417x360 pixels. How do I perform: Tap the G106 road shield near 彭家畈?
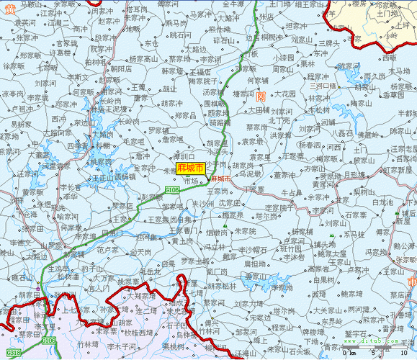point(172,189)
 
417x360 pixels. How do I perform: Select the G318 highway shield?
point(14,353)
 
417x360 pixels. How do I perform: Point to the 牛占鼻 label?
point(291,192)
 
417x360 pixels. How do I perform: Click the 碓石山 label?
point(23,276)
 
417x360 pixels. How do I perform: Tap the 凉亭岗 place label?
point(14,94)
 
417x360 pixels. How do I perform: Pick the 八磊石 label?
point(346,133)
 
